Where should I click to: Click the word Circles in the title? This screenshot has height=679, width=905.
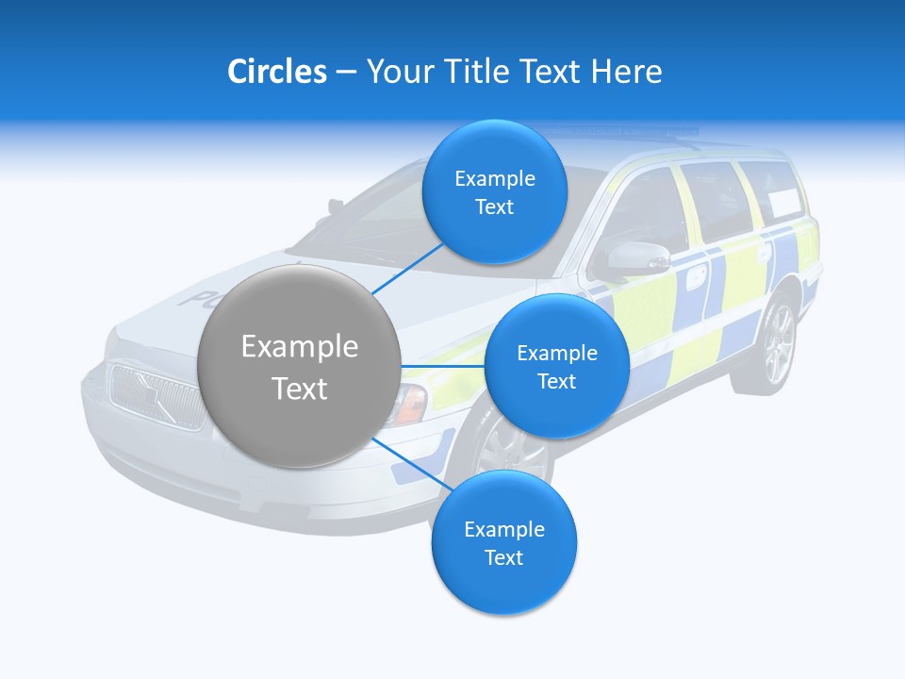(x=276, y=72)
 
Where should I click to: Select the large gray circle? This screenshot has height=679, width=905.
(x=300, y=366)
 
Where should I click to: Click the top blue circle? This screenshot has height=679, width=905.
(x=494, y=192)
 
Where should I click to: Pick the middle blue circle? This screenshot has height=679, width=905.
(x=556, y=366)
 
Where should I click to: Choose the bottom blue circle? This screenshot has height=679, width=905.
(x=503, y=542)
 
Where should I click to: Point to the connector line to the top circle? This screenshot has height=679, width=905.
(x=408, y=264)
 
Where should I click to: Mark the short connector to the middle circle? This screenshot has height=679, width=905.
(x=442, y=366)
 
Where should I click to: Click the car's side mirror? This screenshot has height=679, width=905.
(x=634, y=257)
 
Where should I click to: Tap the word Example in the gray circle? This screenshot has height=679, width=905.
(x=300, y=347)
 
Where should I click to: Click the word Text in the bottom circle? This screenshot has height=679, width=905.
(x=503, y=557)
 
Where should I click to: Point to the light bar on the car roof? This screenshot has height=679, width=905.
(x=622, y=132)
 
